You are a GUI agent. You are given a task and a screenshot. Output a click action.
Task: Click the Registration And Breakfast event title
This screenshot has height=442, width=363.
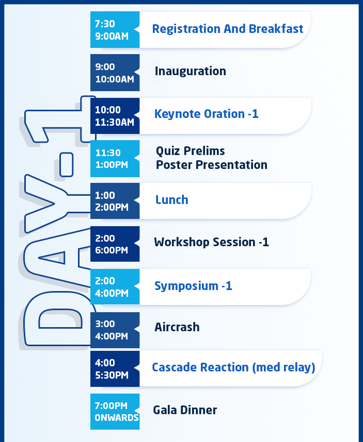point(228,29)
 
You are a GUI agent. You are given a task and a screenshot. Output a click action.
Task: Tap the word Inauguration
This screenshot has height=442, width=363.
point(191,71)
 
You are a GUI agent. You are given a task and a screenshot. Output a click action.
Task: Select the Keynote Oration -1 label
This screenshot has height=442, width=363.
point(206,114)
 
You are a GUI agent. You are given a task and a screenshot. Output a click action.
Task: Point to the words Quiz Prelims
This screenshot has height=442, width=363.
point(191,151)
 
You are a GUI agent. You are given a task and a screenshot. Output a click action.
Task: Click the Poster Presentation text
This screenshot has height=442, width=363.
point(212,165)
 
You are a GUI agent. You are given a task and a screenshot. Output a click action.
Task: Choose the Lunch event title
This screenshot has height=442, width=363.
point(172,199)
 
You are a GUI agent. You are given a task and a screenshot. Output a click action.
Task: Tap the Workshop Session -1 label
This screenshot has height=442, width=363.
point(211,242)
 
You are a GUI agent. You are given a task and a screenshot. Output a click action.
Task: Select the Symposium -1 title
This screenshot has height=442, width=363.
point(193,286)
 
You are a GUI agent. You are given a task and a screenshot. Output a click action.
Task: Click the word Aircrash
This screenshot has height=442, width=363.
point(177,327)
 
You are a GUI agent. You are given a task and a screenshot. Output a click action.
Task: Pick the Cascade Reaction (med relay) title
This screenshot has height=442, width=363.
point(233,367)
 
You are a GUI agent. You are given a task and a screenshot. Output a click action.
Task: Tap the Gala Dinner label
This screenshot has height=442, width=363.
point(185,410)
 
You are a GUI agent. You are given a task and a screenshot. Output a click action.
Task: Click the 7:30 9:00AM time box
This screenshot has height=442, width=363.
point(115,29)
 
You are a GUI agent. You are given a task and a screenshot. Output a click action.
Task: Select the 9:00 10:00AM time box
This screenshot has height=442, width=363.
point(115,73)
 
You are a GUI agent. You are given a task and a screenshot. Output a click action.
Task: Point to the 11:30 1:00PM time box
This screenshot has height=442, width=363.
point(115,159)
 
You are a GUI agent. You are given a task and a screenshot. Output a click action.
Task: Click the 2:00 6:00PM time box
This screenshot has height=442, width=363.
point(115,244)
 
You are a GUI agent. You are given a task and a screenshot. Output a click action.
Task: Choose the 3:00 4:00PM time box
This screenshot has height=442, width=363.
point(115,330)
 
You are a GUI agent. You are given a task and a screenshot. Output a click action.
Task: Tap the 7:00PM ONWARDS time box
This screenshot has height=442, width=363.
point(115,412)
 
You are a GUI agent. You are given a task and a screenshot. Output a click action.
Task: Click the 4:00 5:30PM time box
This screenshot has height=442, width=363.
point(115,369)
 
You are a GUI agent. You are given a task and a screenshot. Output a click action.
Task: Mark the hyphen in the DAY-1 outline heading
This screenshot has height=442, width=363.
point(67,165)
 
